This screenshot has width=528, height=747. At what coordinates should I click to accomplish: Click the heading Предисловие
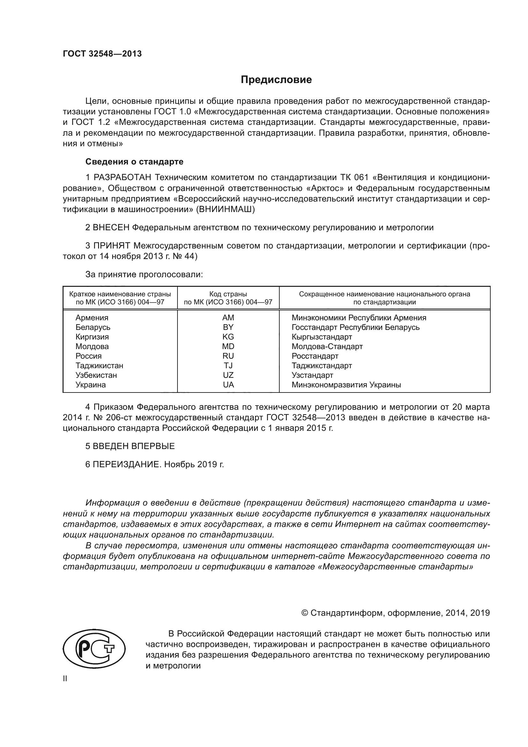coord(276,80)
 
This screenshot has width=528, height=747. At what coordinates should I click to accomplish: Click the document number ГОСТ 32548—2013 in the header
coord(102,54)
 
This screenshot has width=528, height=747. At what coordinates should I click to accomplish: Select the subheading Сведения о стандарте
coord(134,162)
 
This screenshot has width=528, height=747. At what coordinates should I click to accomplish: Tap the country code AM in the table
coord(228,317)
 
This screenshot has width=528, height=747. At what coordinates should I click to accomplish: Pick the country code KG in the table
coord(228,337)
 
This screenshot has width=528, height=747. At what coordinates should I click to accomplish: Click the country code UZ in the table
coord(228,375)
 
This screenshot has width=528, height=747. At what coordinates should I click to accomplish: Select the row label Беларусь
coord(93,327)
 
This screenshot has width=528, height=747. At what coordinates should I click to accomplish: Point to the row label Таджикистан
coord(99,366)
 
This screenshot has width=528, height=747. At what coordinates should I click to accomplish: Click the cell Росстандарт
coord(315,356)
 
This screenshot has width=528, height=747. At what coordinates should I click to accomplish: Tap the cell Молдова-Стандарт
coord(327,347)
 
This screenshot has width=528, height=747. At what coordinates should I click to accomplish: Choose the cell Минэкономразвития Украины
coord(346,385)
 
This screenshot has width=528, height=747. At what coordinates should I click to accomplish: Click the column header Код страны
coord(228,294)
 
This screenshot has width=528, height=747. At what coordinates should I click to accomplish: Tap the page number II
coord(65,679)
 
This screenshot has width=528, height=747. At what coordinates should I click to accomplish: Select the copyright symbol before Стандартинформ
coord(305,613)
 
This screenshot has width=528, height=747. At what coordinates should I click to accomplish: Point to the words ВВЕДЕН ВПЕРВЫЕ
coord(134,446)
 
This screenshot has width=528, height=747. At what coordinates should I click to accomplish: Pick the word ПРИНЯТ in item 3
coord(111,246)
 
